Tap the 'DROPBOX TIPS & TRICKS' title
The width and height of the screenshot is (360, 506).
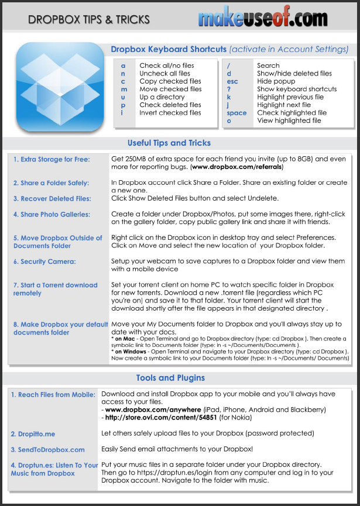[x=89, y=20]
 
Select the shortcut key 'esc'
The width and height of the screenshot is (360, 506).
[x=232, y=81]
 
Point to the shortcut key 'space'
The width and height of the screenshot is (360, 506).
[x=236, y=113]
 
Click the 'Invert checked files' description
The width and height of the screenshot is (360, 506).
[x=170, y=113]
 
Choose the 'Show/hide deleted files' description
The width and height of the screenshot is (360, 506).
[x=294, y=74]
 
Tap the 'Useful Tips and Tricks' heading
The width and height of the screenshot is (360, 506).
[x=169, y=143]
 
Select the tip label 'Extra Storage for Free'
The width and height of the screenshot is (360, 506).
[x=55, y=159]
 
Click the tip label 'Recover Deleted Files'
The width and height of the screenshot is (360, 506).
[x=52, y=198]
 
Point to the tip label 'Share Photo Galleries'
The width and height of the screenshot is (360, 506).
[x=52, y=214]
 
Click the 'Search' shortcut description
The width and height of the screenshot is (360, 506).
[x=268, y=66]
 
